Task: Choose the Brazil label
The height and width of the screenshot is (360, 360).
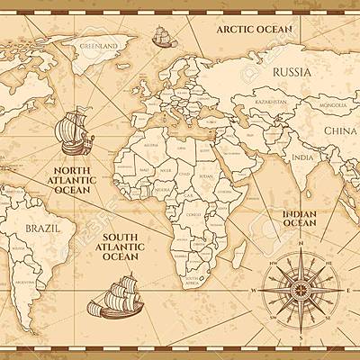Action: (42, 228)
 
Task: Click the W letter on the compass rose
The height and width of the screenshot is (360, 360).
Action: (255, 292)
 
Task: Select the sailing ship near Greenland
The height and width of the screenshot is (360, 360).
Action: (161, 37)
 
